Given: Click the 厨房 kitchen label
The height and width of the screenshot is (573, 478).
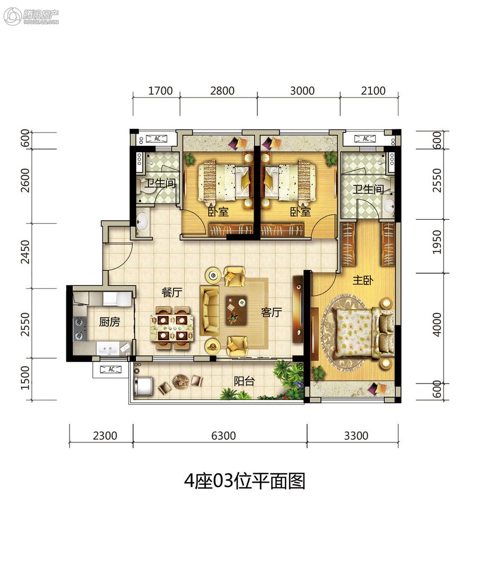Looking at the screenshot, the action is pyautogui.click(x=109, y=322).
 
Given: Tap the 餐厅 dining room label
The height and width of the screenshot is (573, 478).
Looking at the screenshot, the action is pyautogui.click(x=172, y=292).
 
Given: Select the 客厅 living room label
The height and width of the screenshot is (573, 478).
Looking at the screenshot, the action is pyautogui.click(x=271, y=312).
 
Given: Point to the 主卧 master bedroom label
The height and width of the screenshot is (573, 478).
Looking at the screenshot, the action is pyautogui.click(x=363, y=280).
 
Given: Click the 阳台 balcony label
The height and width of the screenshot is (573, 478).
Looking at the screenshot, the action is pyautogui.click(x=244, y=381).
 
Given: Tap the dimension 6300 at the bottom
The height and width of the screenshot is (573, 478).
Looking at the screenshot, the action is pyautogui.click(x=224, y=436).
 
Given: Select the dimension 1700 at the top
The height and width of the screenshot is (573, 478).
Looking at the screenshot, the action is pyautogui.click(x=160, y=91).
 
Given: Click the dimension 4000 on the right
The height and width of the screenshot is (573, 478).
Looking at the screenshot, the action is pyautogui.click(x=437, y=325).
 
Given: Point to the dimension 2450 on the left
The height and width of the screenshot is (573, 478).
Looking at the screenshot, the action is pyautogui.click(x=25, y=252).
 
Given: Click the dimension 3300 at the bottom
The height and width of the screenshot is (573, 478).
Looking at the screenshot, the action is pyautogui.click(x=357, y=436).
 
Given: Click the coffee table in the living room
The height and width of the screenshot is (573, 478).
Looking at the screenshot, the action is pyautogui.click(x=236, y=310).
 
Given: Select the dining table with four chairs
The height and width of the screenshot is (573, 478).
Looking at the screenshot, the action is pyautogui.click(x=172, y=328).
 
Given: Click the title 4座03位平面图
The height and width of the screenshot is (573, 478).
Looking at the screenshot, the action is pyautogui.click(x=245, y=481).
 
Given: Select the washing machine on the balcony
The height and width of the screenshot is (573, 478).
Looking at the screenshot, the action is pyautogui.click(x=143, y=386).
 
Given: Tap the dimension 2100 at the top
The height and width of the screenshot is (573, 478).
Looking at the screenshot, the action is pyautogui.click(x=373, y=91).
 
